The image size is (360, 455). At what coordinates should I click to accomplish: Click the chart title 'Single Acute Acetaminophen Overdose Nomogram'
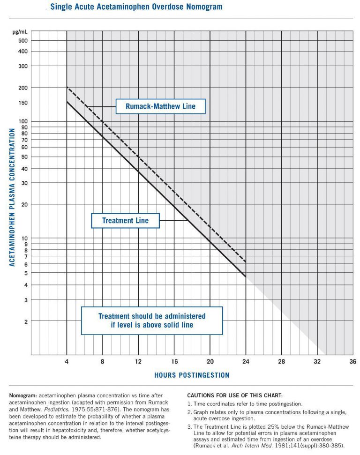[136, 7]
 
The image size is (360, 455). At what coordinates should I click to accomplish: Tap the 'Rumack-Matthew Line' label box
[160, 106]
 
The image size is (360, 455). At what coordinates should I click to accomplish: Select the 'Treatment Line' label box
[125, 220]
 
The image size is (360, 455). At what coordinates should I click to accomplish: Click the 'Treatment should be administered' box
[152, 321]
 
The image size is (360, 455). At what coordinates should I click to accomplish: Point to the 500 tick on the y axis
[23, 40]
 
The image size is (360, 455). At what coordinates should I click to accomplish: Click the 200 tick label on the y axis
[23, 88]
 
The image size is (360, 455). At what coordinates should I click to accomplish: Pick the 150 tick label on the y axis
[23, 103]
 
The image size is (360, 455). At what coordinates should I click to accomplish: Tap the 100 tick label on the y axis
[23, 121]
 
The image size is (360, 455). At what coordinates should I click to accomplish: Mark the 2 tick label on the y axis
[26, 321]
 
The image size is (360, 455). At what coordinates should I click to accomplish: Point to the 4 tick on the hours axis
[67, 361]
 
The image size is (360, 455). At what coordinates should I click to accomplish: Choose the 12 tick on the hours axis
[138, 361]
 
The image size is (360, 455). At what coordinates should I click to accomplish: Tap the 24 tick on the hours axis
[246, 361]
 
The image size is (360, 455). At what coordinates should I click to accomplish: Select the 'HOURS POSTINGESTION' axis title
[192, 375]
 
